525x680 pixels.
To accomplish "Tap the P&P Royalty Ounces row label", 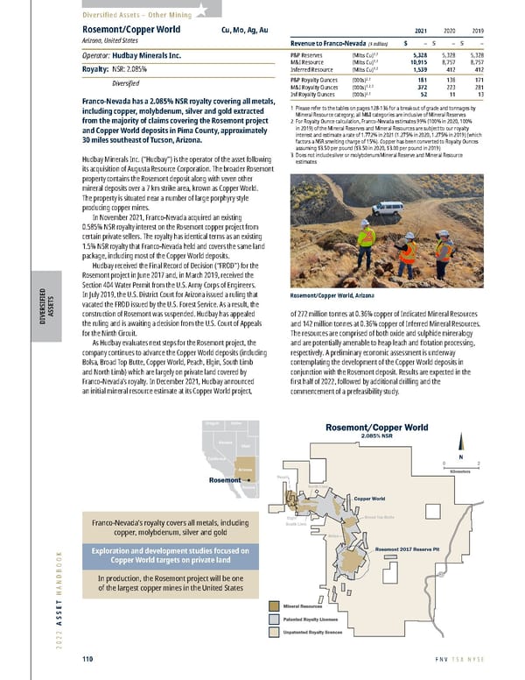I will click(x=316, y=80).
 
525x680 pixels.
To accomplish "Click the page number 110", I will click(x=87, y=658).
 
